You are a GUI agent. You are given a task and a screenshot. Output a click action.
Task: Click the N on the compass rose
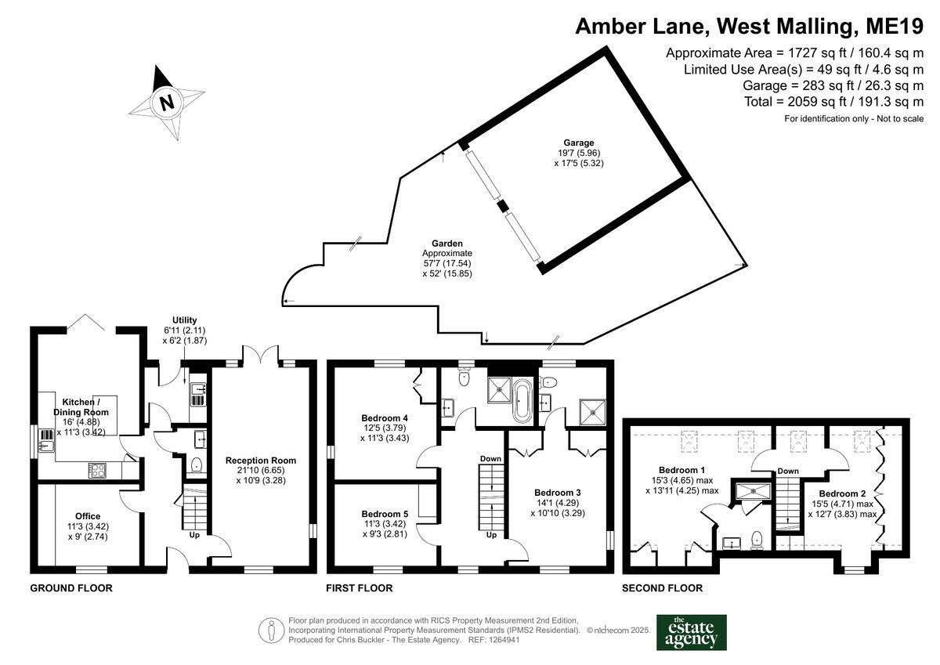(x=167, y=102)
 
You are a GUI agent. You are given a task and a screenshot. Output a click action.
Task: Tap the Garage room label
(x=579, y=143)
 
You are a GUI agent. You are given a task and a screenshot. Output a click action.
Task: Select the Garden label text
(x=447, y=244)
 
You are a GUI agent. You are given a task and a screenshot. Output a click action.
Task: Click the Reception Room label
(x=261, y=461)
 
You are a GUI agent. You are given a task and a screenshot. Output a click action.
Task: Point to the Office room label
(x=88, y=516)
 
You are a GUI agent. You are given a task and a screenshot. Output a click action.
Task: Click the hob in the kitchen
(x=97, y=470)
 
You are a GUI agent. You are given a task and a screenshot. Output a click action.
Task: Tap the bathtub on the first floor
(x=522, y=401)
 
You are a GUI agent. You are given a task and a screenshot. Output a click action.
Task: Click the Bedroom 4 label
(x=385, y=418)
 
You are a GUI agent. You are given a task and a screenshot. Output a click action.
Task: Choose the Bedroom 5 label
(x=385, y=514)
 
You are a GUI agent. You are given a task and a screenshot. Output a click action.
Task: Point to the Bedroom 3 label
(x=557, y=493)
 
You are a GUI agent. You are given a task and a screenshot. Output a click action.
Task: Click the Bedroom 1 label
(x=681, y=470)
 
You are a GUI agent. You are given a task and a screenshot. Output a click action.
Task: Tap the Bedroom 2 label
(x=842, y=493)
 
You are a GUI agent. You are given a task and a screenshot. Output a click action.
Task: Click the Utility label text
(x=185, y=320)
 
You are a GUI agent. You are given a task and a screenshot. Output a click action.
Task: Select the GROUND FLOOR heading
(x=71, y=588)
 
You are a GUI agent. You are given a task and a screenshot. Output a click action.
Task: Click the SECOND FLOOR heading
(x=662, y=588)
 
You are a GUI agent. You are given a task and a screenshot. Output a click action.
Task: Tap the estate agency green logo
(x=691, y=633)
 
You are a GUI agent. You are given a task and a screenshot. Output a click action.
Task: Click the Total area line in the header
(x=833, y=102)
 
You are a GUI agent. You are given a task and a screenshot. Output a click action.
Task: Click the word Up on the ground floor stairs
(x=194, y=535)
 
